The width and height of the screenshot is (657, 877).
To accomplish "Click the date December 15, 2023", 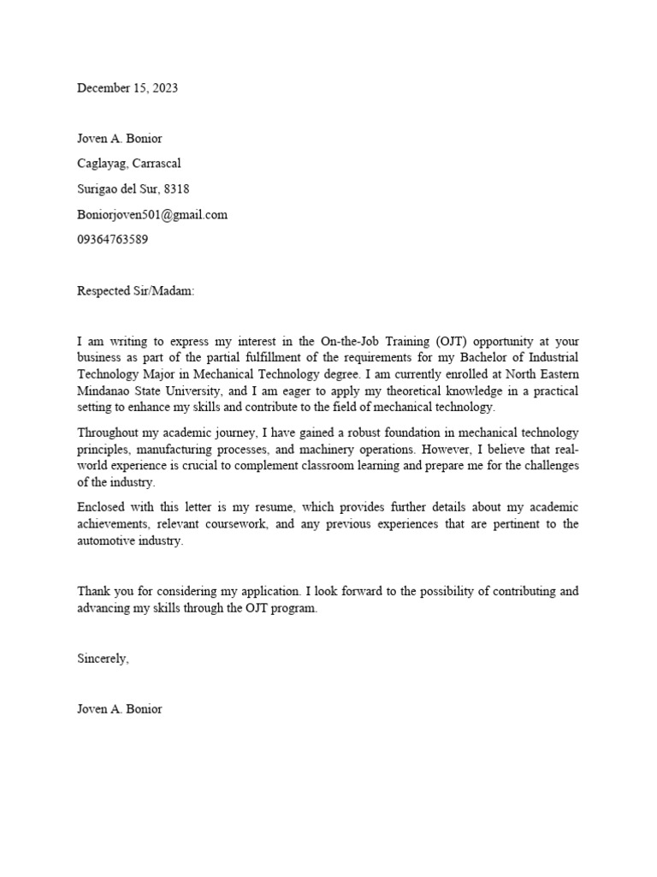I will click(127, 88).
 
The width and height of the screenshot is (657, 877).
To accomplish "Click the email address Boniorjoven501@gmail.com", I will click(152, 214).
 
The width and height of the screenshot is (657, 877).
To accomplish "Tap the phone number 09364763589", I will click(113, 240).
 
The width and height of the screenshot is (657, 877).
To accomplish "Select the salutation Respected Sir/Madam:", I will click(136, 291).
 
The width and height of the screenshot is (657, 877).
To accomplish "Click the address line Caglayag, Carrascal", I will click(129, 164).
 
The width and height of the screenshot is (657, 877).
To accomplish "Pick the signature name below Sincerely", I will click(119, 709).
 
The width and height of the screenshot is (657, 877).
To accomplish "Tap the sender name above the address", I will click(119, 138).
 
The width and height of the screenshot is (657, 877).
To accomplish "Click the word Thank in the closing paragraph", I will click(93, 591).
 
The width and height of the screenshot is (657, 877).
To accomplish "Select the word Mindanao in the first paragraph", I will click(104, 391).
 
